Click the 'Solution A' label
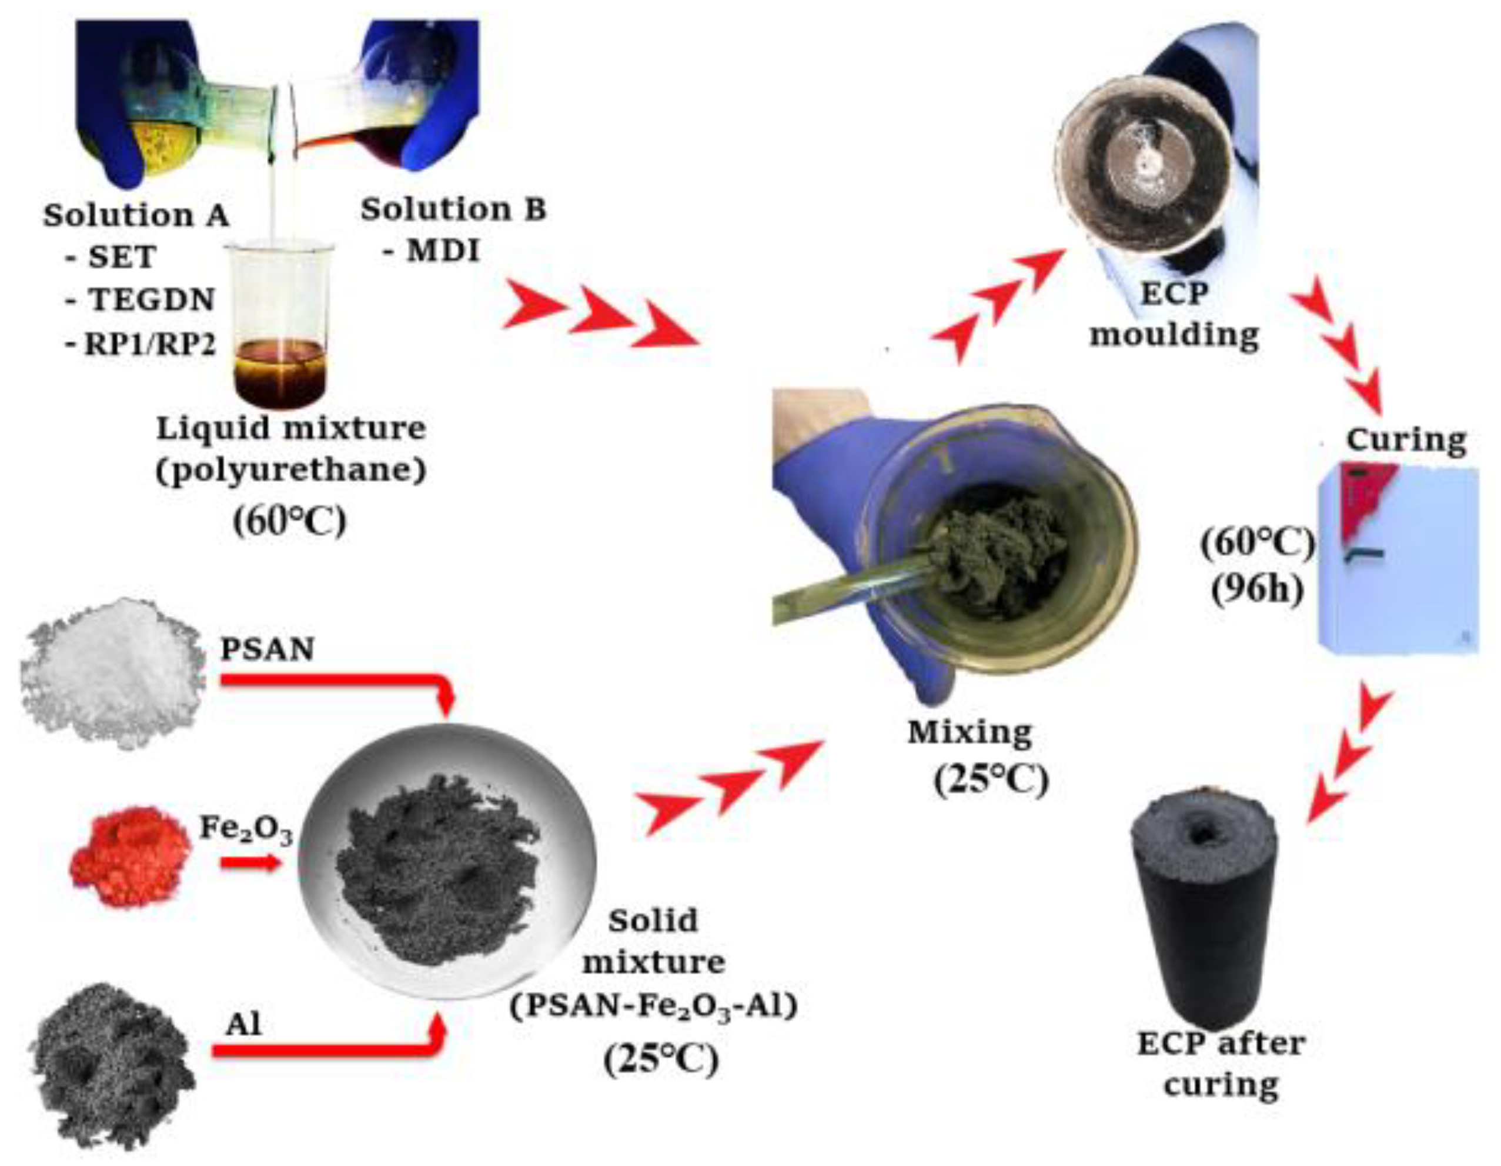136,216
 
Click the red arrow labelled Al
323,1050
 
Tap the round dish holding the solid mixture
447,873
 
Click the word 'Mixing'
970,733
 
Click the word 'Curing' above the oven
1406,440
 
